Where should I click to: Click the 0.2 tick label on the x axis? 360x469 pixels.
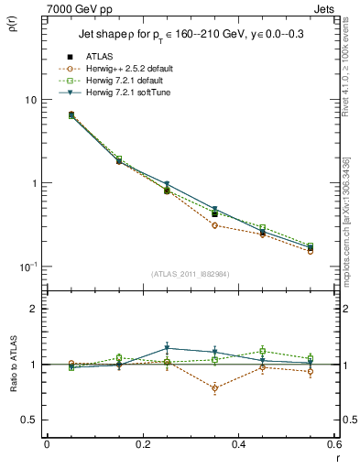point(142,444)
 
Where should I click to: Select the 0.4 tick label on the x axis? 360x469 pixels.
point(238,444)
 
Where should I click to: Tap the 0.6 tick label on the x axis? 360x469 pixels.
point(333,444)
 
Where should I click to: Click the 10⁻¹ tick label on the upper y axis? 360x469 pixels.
point(28,266)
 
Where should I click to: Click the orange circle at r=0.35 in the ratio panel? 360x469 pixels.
point(214,388)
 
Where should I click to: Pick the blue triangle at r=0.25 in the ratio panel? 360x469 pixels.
point(167,348)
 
